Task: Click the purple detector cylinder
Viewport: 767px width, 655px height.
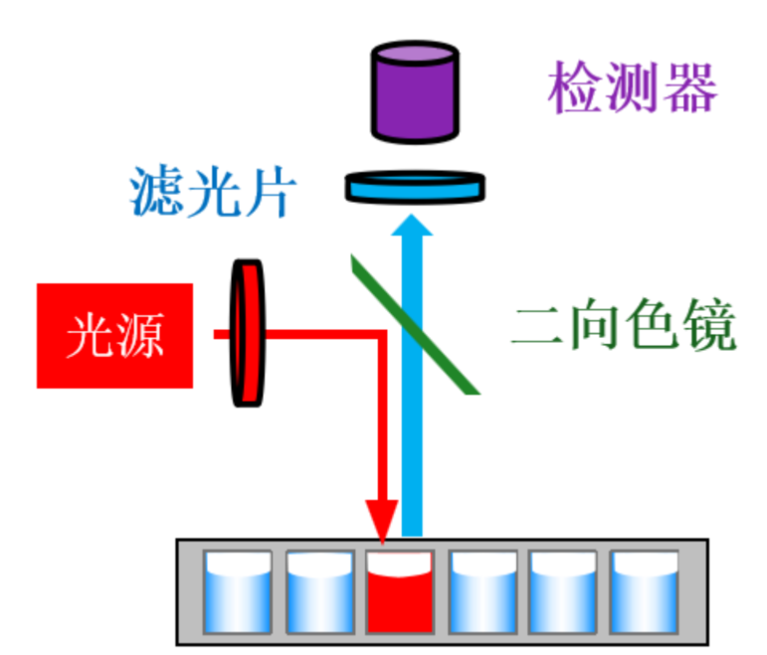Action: click(x=415, y=90)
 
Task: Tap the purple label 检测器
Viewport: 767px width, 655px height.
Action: click(x=631, y=88)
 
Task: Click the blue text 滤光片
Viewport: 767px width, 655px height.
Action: click(x=210, y=191)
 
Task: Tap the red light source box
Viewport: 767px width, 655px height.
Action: click(x=114, y=335)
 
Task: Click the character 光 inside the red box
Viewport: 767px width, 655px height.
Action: click(x=88, y=336)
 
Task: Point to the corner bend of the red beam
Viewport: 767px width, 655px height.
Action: click(x=381, y=335)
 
